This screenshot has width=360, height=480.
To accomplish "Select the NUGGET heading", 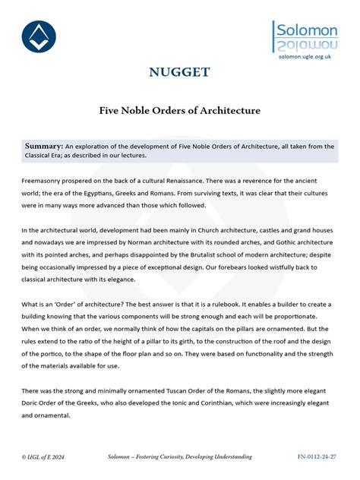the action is pyautogui.click(x=179, y=73).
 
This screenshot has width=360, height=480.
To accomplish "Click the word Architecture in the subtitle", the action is pyautogui.click(x=228, y=110).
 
